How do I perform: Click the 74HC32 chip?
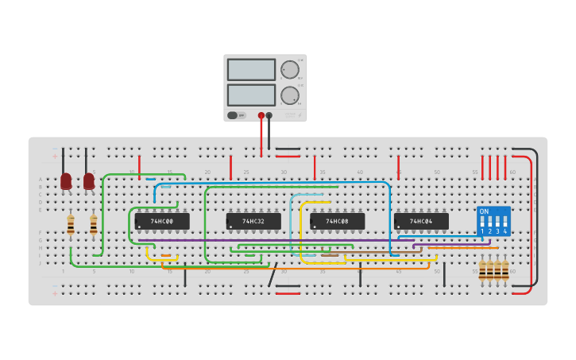pos(253,221)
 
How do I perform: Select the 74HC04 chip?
pos(421,221)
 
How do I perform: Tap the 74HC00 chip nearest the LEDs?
pos(162,221)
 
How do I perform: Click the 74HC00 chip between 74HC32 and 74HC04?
pos(337,221)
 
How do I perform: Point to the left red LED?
pos(66,181)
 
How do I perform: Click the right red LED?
pos(89,181)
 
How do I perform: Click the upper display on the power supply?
pos(251,70)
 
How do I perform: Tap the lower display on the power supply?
pos(251,95)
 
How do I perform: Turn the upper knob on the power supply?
pos(289,70)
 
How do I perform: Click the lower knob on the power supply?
pos(289,95)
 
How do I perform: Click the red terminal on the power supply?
pos(261,115)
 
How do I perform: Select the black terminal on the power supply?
pos(269,115)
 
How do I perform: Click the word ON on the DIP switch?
pos(485,211)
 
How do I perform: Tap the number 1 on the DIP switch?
pos(482,231)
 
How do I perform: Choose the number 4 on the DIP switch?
pos(504,231)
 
